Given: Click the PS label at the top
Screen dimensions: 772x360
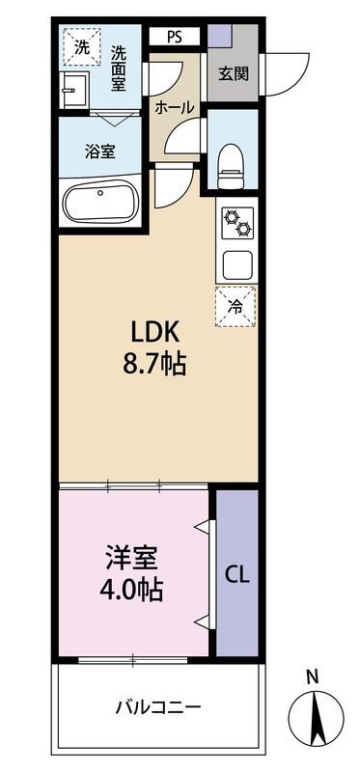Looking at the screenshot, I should [x=174, y=38].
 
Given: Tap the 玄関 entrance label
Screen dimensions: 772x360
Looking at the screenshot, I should [x=233, y=73].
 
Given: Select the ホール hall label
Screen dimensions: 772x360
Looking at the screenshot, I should [x=174, y=107].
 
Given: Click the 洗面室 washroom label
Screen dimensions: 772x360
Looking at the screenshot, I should [x=119, y=69].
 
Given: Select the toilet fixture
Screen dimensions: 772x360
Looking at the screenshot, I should [x=233, y=164].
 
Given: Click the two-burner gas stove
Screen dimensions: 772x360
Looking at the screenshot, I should [x=237, y=226].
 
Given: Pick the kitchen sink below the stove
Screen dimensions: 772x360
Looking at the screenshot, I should [x=237, y=263].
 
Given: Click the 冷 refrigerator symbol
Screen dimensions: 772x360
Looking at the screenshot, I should [x=235, y=305].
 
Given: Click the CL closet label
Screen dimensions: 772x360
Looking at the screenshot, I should [x=237, y=575].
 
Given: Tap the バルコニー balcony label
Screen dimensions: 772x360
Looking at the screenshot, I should [x=158, y=707].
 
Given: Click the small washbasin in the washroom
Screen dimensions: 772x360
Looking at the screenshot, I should [x=70, y=94].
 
